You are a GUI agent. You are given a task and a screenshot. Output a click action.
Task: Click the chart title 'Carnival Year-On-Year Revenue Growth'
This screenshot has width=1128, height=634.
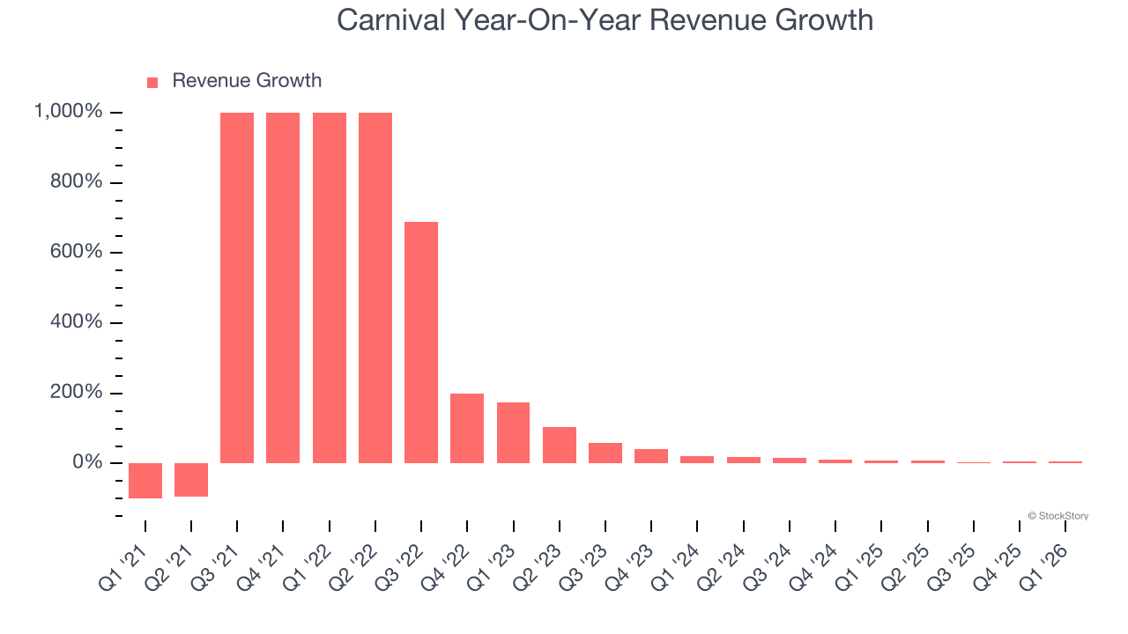pos(605,20)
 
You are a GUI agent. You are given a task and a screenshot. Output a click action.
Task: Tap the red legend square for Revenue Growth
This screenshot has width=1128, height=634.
pos(152,82)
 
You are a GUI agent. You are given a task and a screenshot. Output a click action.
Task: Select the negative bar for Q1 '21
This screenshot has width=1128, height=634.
pos(145,480)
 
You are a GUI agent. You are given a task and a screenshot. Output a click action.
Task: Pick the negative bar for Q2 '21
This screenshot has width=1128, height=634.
pos(191,479)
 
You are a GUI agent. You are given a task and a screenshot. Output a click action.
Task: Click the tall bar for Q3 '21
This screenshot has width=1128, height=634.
pos(237,287)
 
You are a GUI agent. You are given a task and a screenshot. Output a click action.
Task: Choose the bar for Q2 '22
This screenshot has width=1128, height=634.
pos(375,287)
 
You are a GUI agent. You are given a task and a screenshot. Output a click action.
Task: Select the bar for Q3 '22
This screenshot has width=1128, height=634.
pos(421,342)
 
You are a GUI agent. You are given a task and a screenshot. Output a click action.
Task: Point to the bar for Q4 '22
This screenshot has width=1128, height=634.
pos(467,428)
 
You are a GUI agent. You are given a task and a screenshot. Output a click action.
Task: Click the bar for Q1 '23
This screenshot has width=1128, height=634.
pos(513,432)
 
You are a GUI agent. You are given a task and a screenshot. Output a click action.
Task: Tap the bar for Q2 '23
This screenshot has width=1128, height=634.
pos(560,445)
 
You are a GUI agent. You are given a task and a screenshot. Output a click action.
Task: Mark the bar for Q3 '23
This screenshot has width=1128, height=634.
pos(605,453)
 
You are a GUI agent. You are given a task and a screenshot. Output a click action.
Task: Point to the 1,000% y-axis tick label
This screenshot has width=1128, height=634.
pos(68,112)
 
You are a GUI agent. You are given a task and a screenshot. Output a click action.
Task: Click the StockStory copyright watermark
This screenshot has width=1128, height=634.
pos(1057,516)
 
